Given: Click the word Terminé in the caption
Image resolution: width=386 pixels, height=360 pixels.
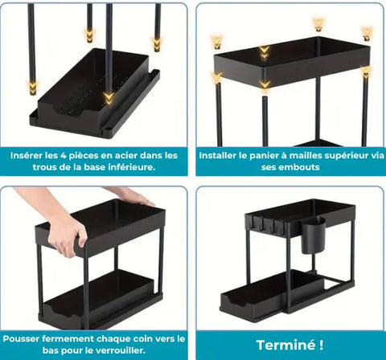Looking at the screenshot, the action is point(285,345).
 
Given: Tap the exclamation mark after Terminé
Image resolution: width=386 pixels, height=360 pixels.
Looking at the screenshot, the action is point(321,345).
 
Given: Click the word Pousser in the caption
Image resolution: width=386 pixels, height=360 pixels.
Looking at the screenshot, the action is point(21,338).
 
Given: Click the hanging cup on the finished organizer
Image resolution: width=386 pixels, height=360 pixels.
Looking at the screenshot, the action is point(313,235).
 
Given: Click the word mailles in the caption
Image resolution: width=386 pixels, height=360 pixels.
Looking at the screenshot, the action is point(306,155).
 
